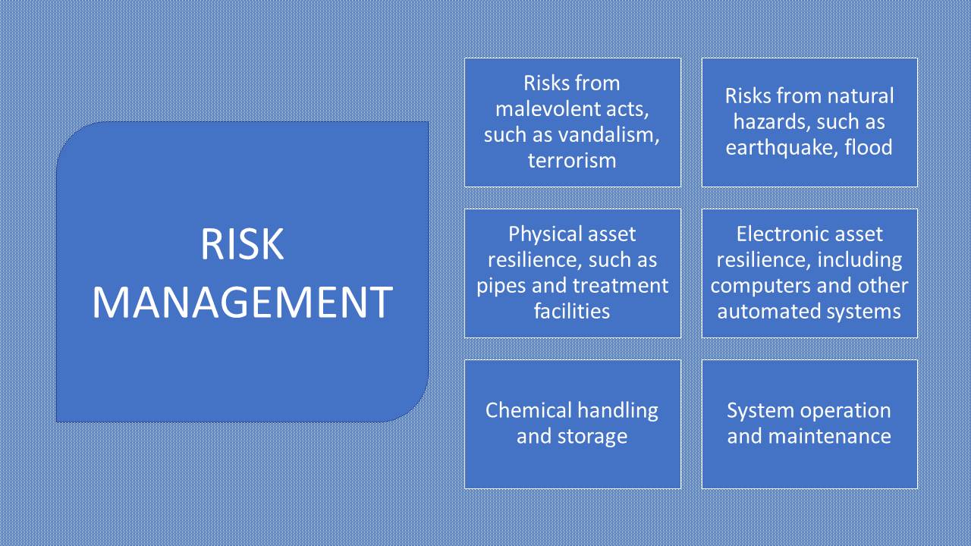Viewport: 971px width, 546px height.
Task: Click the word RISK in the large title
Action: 242,244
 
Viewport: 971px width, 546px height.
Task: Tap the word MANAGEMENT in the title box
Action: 243,303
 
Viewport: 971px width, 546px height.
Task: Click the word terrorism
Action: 572,160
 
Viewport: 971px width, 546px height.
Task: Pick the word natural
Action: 861,96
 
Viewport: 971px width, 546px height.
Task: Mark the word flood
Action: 869,147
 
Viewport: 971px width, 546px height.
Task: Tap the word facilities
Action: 572,311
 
